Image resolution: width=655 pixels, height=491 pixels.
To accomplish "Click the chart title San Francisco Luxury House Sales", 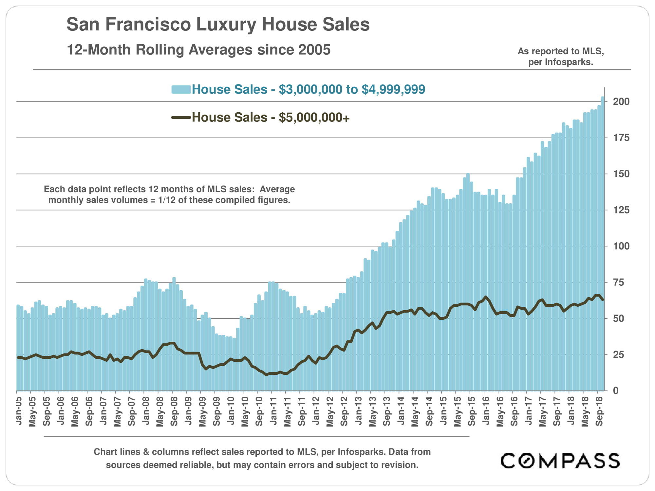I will tap(218, 24).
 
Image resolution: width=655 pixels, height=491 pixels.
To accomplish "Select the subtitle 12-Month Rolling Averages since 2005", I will tap(198, 50).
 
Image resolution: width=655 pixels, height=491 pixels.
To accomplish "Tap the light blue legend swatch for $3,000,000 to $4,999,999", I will tap(181, 89).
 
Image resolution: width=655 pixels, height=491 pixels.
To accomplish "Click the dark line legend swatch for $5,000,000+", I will tap(181, 117).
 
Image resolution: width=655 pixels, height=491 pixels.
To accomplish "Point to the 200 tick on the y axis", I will tap(621, 101).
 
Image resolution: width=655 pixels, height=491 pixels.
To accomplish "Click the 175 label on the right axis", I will tap(621, 138).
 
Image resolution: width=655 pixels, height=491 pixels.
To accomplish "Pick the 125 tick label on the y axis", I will tap(621, 210).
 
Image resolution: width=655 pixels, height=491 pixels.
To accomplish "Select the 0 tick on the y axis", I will tap(616, 391).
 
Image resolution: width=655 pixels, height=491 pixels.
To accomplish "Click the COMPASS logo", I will tap(560, 461).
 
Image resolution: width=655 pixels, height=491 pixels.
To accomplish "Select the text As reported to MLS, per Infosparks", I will tap(561, 56).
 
